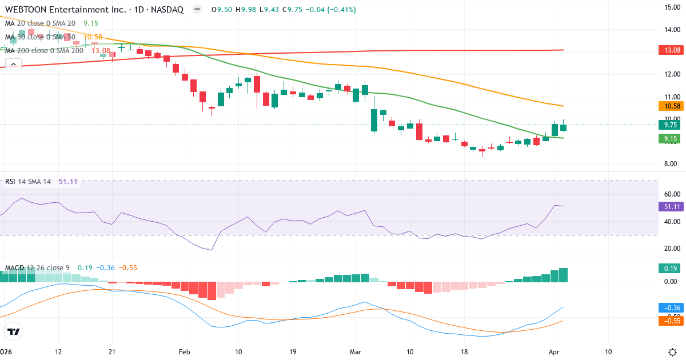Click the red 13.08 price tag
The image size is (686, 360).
(x=672, y=50)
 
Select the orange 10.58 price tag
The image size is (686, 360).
(x=672, y=106)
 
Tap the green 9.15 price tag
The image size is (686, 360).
(x=672, y=138)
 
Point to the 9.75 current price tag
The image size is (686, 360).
(x=672, y=125)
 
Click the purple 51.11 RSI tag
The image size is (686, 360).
(x=672, y=206)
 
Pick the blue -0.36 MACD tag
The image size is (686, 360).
(x=672, y=307)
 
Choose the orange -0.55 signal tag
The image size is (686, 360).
(x=672, y=321)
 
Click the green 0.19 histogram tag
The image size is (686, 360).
(x=672, y=268)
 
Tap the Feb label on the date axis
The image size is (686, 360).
(x=184, y=352)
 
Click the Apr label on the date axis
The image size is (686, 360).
(x=554, y=352)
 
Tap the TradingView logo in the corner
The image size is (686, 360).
(x=13, y=331)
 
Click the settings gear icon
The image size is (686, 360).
(x=672, y=352)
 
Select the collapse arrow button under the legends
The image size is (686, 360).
(x=13, y=64)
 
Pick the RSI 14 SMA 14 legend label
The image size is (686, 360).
(x=28, y=182)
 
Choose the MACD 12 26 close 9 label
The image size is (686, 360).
(x=37, y=267)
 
